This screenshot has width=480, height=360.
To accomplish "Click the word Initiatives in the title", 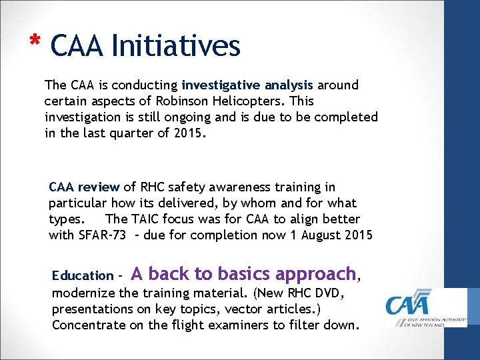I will [x=176, y=46].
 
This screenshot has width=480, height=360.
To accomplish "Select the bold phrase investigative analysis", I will [x=247, y=85].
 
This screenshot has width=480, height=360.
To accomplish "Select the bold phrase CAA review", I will [x=84, y=187].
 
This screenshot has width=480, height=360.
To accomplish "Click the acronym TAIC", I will [x=147, y=219].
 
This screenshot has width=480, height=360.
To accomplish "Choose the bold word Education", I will [x=83, y=275].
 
